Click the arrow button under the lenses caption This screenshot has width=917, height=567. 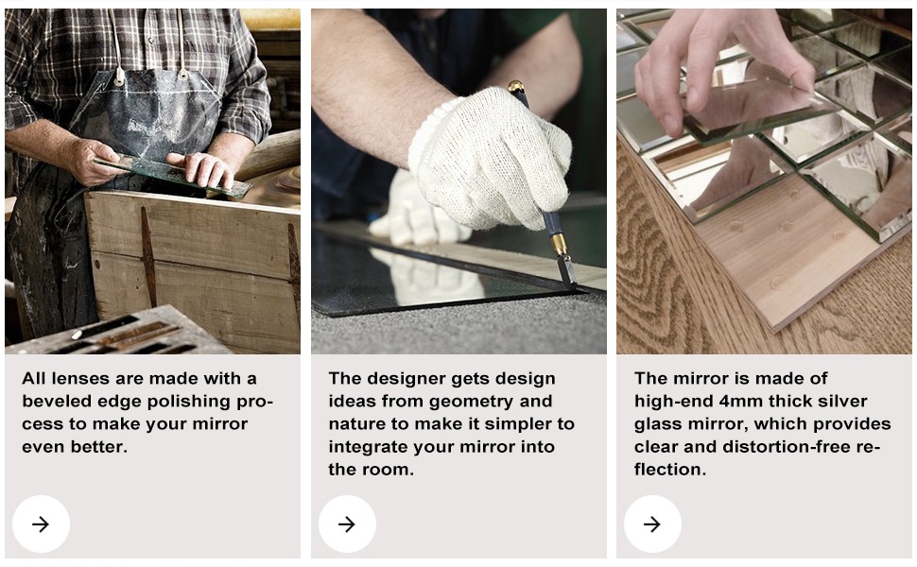41,524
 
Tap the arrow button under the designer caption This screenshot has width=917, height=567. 347,524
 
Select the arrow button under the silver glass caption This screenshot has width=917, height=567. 652,524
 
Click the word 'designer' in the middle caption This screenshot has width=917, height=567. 407,379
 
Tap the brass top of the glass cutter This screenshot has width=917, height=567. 516,87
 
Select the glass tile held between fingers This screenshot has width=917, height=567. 760,112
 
